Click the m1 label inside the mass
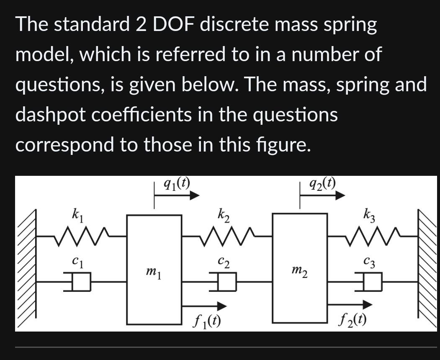(154, 272)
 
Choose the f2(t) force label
(353, 321)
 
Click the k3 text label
(369, 217)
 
